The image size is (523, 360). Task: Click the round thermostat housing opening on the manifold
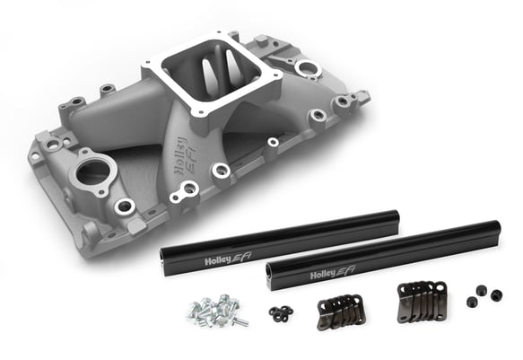click(x=93, y=171)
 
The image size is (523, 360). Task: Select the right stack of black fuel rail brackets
click(x=420, y=300)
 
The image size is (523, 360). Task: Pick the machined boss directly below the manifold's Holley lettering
click(x=187, y=189)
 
